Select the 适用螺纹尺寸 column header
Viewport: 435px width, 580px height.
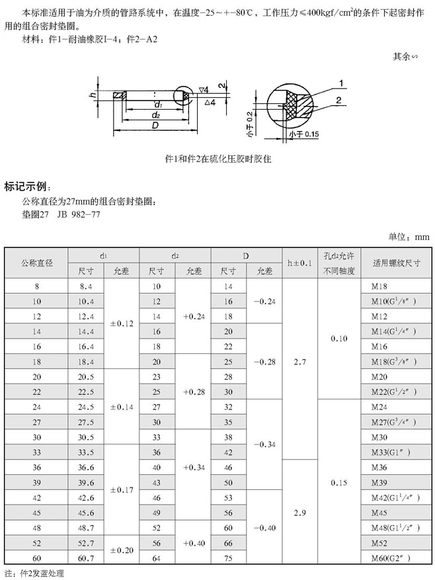coord(396,263)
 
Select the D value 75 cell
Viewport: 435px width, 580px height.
coord(228,558)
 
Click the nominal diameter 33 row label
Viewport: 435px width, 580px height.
coord(36,452)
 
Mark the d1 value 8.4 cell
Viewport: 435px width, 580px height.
coord(86,286)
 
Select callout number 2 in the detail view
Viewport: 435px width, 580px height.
coord(338,101)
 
